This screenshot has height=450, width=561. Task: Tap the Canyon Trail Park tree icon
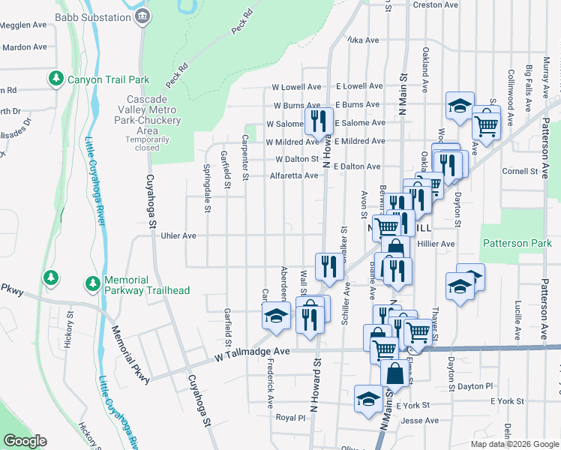click(55, 78)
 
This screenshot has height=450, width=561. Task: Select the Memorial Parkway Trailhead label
click(147, 285)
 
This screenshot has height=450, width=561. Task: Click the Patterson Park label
click(517, 243)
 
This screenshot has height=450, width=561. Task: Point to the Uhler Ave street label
click(178, 235)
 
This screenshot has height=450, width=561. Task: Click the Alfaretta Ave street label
click(294, 176)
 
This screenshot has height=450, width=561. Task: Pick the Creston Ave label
click(435, 4)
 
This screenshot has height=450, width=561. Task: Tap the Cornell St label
click(515, 171)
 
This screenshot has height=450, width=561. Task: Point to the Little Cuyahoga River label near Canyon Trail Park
click(96, 180)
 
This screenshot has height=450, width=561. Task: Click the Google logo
click(25, 441)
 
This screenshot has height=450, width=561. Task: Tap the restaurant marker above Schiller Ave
click(328, 265)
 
